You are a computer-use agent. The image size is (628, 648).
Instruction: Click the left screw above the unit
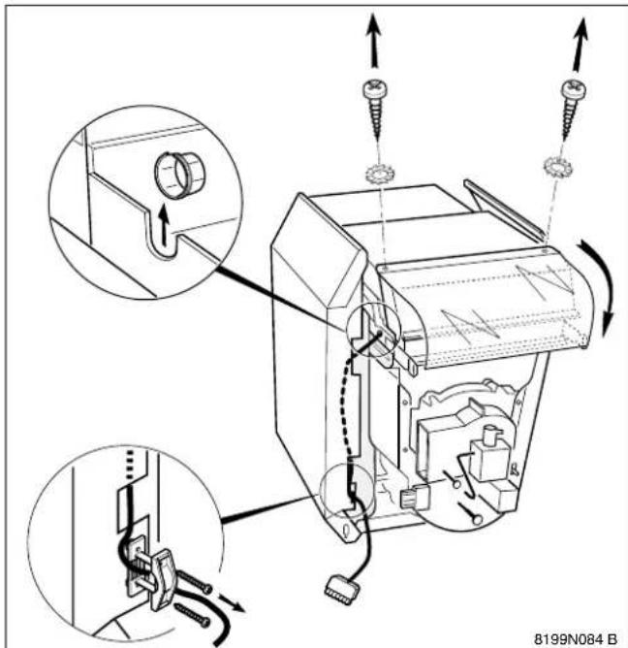[x=376, y=110]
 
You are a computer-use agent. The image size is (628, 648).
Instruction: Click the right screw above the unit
[x=572, y=109]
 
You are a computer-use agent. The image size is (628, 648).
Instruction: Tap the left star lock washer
[x=378, y=175]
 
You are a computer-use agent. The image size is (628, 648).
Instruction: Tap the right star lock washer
[x=556, y=167]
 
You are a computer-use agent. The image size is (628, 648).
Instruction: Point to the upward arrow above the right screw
[x=580, y=44]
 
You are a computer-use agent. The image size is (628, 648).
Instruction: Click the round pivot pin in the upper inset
[x=179, y=176]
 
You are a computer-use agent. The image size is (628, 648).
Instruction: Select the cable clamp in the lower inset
[x=160, y=576]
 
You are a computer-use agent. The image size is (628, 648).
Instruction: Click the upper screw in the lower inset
[x=193, y=582]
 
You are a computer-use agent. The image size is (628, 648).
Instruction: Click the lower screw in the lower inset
[x=193, y=614]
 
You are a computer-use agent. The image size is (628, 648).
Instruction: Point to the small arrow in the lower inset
[x=232, y=602]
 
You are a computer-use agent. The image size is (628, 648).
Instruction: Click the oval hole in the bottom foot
[x=345, y=529]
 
